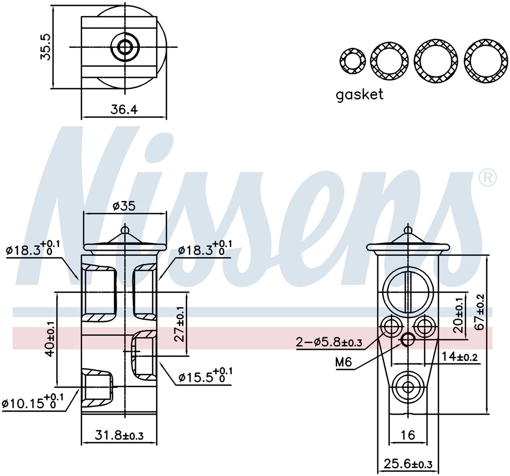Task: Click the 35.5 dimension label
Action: click(46, 47)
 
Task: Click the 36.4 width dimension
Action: click(124, 110)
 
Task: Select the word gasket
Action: click(360, 94)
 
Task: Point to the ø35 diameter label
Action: click(124, 205)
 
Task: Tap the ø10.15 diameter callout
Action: click(33, 402)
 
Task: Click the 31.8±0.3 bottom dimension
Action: click(119, 435)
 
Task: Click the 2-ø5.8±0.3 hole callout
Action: click(329, 342)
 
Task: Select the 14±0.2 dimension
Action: click(460, 356)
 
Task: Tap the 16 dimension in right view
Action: click(408, 435)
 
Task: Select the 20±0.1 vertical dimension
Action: click(460, 316)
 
